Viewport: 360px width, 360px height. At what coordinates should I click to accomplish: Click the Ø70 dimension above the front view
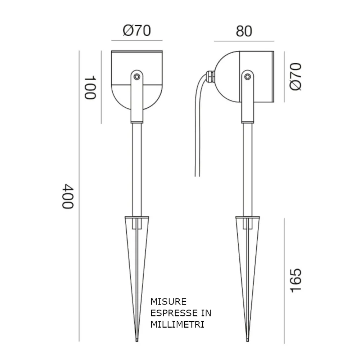click(137, 31)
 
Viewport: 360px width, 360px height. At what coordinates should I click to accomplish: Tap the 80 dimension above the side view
click(244, 31)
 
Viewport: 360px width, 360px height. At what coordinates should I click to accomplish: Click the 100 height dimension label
click(90, 87)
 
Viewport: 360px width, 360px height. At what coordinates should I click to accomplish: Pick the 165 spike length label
click(295, 280)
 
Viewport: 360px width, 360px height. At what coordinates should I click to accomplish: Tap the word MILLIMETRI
click(177, 324)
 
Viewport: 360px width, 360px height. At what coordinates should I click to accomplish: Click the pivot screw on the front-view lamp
click(136, 76)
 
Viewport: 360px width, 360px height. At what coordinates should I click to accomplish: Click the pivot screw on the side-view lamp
click(247, 76)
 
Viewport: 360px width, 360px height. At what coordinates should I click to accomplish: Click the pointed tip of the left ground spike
click(137, 340)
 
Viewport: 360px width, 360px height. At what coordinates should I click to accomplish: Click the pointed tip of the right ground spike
click(247, 340)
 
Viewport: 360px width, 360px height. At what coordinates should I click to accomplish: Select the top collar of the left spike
click(137, 217)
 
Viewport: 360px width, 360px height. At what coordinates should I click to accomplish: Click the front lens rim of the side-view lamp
click(273, 76)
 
